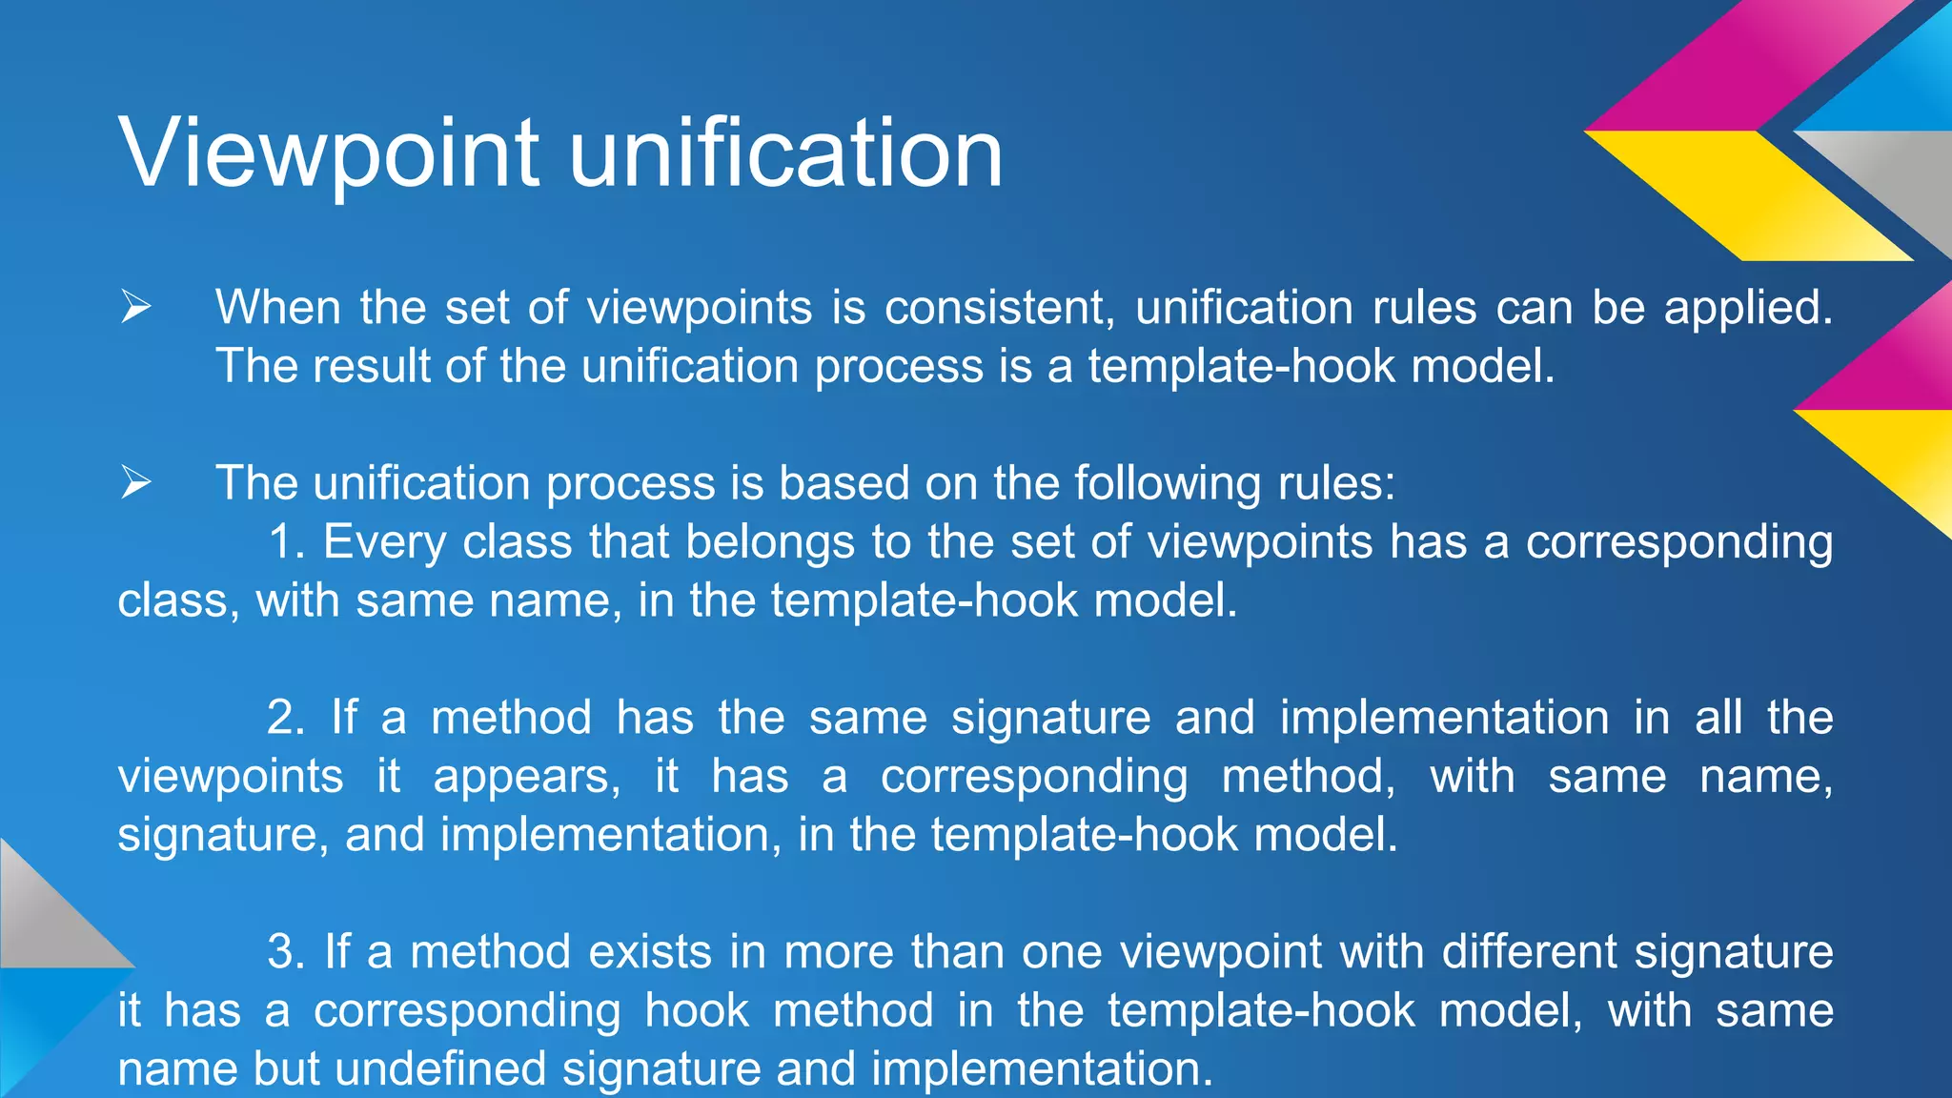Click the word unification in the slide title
pos(785,152)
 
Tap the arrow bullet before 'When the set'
pos(135,307)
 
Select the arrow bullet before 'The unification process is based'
pos(135,482)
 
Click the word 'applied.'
pos(1748,308)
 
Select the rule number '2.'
pos(286,718)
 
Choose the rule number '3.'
pos(286,952)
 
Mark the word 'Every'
pos(384,542)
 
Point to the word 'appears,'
pos(527,777)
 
